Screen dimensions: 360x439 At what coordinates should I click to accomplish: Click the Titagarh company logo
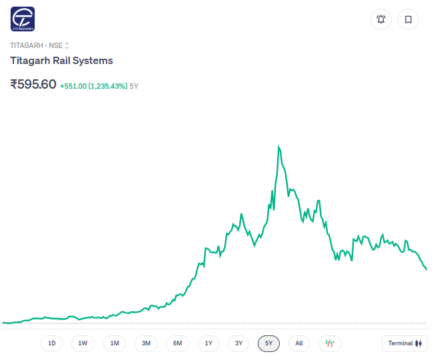pos(23,19)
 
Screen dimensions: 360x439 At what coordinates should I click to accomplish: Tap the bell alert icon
pos(381,19)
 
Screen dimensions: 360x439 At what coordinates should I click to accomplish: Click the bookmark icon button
pos(408,19)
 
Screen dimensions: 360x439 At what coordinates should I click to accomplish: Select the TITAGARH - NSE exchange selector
pos(39,45)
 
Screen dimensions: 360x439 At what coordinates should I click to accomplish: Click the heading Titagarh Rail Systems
pos(61,61)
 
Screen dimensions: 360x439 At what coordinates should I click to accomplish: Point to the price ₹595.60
pos(33,85)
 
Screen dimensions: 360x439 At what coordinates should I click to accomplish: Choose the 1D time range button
pos(52,343)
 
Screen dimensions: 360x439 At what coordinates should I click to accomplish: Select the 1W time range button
pos(83,343)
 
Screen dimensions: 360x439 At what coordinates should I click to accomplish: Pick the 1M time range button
pos(115,343)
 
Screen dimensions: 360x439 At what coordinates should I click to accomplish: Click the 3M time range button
pos(146,343)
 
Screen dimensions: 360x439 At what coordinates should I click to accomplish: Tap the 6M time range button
pos(177,343)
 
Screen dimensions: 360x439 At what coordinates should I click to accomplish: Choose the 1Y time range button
pos(209,343)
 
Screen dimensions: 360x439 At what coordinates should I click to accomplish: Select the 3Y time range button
pos(239,343)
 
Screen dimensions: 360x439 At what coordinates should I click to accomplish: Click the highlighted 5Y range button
pos(269,343)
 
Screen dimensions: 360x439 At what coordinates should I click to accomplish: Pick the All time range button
pos(299,343)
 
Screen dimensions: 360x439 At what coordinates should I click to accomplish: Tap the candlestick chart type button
pos(330,343)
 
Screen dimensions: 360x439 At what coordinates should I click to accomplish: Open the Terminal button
pos(405,343)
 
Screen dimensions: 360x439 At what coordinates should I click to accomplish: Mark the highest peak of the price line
pos(278,145)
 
